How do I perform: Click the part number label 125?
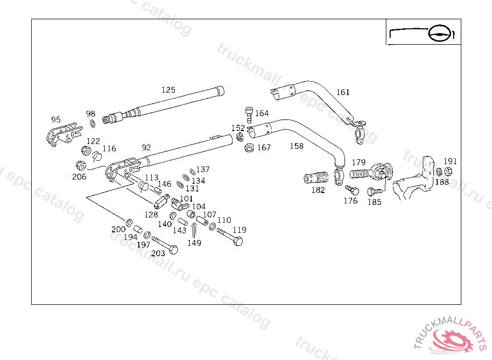coord(168,90)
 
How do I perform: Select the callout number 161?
coord(343,92)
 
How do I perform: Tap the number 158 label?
coord(296,146)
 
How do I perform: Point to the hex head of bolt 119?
coord(238,241)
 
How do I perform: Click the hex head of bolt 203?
coord(173,250)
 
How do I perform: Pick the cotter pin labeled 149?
coord(195,230)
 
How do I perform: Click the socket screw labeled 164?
coord(249,115)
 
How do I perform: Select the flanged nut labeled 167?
coord(249,148)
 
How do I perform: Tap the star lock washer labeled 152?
coord(240,137)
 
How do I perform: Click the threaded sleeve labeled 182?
coord(316,178)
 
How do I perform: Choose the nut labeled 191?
coord(448,172)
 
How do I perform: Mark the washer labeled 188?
coord(439,172)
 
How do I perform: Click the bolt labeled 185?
coord(375,192)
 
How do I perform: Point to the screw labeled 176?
coord(352,190)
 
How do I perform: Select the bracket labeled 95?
coord(64,134)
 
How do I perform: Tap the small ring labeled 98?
coord(93,123)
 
